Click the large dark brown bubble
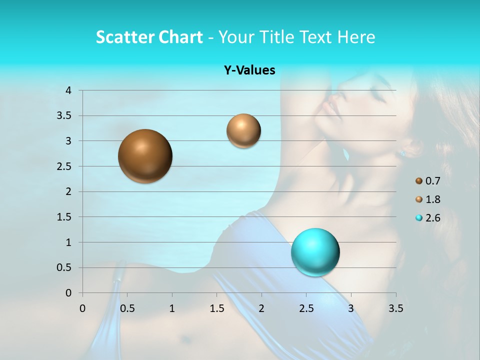click(145, 156)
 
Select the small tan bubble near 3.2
click(243, 131)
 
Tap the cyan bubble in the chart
click(315, 252)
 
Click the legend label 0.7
click(432, 181)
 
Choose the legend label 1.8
click(432, 199)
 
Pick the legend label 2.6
click(432, 218)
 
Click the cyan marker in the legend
click(419, 218)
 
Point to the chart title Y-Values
click(249, 70)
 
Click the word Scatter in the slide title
click(124, 37)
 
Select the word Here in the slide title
click(355, 37)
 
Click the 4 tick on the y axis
click(68, 90)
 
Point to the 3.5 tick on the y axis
click(64, 116)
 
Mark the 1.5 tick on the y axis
click(64, 217)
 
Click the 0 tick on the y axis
click(68, 293)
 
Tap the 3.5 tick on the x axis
click(395, 308)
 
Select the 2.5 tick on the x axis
click(306, 308)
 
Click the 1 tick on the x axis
click(172, 308)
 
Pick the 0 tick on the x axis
click(82, 308)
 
